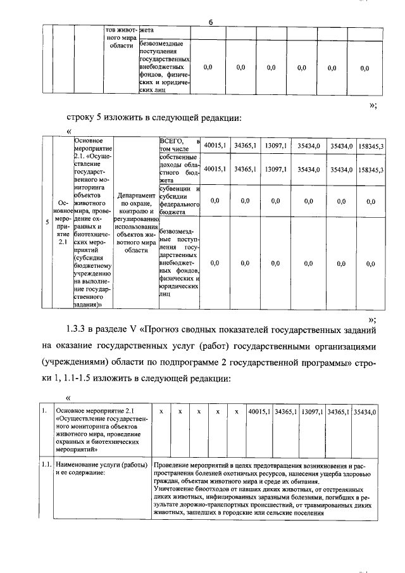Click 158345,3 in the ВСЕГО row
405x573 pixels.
370,146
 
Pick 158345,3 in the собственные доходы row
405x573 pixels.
370,170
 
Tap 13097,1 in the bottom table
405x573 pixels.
312,412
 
